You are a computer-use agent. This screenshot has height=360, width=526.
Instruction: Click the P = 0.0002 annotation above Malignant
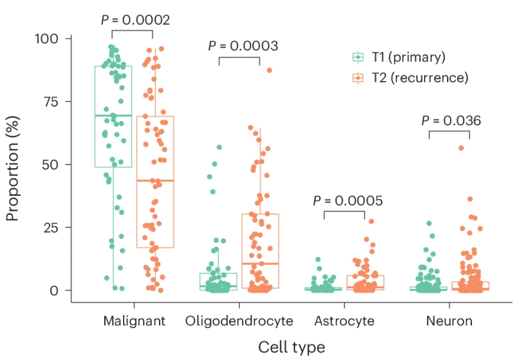pos(135,20)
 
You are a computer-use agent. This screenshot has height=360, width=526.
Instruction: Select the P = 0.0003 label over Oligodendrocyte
pos(243,46)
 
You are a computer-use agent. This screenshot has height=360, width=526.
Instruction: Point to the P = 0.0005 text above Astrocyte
pos(347,200)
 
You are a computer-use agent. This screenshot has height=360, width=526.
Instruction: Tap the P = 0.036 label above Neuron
pos(451,121)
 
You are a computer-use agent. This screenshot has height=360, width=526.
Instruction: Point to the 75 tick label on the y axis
pos(53,102)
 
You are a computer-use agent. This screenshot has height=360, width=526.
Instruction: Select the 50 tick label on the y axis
pos(53,165)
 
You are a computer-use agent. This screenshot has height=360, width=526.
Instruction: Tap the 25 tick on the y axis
pos(53,228)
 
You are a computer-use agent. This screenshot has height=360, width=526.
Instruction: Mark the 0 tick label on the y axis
pos(57,290)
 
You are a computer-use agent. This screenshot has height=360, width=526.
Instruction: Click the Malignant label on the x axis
pos(134,321)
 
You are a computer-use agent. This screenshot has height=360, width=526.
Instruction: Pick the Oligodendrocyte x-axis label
pos(239,321)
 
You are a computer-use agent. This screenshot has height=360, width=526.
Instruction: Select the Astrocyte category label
pos(344,321)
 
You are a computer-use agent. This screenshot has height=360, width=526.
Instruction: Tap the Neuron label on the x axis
pos(449,321)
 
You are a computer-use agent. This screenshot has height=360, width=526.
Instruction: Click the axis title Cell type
pos(291,347)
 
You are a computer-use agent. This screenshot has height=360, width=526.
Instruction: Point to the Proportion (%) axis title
pos(13,165)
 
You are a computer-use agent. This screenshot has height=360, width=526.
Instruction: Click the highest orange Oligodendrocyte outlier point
pos(269,70)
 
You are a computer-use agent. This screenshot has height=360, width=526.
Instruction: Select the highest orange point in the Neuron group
pos(461,148)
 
